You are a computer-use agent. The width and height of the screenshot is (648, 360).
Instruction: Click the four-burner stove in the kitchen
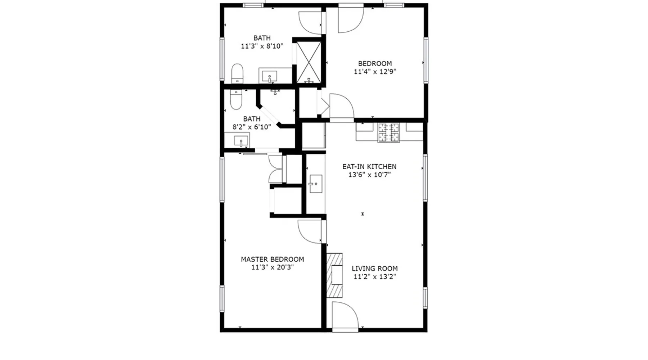[x=388, y=132]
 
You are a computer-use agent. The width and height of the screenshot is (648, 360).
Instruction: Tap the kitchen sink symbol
[x=316, y=184]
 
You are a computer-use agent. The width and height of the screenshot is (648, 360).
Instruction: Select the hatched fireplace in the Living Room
[x=334, y=275]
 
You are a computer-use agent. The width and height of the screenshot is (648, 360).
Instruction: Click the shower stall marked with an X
[x=309, y=62]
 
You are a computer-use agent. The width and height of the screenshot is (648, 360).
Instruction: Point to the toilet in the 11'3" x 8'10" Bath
[x=237, y=73]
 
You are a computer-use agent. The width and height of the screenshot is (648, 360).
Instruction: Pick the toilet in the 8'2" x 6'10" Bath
[x=236, y=99]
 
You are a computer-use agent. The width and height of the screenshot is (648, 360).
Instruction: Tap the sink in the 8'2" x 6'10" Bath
[x=241, y=141]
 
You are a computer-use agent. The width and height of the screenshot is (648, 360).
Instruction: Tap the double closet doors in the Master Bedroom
[x=276, y=169]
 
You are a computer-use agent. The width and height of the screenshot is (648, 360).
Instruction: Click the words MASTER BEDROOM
[x=272, y=259]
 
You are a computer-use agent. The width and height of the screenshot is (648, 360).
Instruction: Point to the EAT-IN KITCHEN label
[x=369, y=167]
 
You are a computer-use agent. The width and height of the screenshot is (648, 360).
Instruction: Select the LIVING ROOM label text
[x=375, y=269]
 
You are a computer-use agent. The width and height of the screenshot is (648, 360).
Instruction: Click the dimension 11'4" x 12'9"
[x=375, y=72]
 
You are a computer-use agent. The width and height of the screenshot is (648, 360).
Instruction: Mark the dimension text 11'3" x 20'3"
[x=273, y=267]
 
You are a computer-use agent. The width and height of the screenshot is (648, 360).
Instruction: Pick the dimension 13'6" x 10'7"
[x=369, y=175]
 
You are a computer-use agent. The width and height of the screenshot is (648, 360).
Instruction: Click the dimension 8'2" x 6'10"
[x=252, y=127]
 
